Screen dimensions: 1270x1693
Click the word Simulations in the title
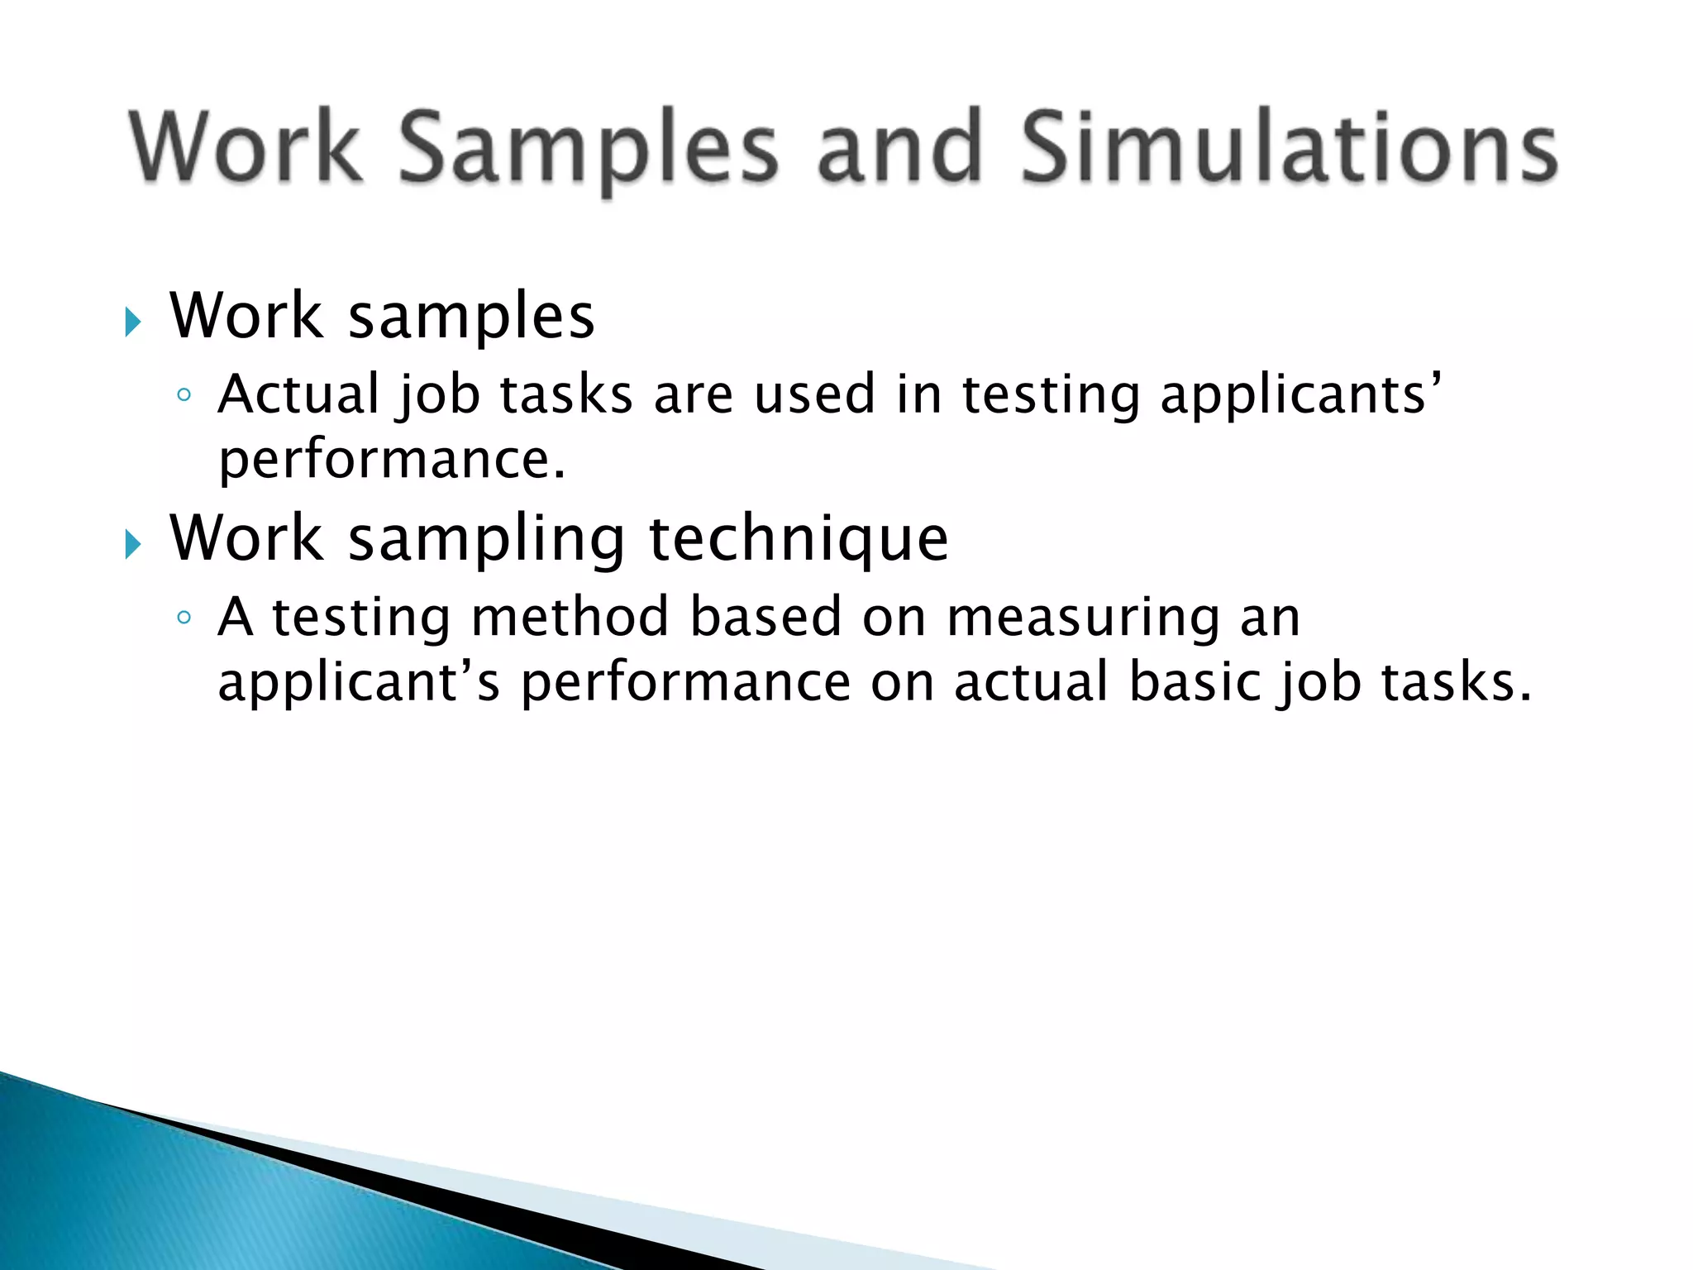(1290, 149)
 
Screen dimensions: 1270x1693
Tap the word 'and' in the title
(899, 149)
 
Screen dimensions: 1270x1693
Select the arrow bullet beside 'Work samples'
(133, 322)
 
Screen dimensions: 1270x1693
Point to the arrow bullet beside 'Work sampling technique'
(133, 544)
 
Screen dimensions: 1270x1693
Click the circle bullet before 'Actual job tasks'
(184, 395)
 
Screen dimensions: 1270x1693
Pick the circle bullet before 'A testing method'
(184, 618)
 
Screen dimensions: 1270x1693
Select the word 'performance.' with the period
(392, 460)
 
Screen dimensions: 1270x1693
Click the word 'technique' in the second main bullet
(799, 539)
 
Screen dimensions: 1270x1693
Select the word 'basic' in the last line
(1193, 682)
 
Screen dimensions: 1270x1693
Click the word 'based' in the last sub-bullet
(765, 617)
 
